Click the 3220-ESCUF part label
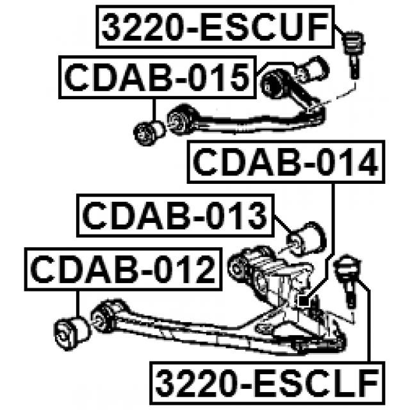click(215, 28)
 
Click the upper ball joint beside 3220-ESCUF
click(352, 47)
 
